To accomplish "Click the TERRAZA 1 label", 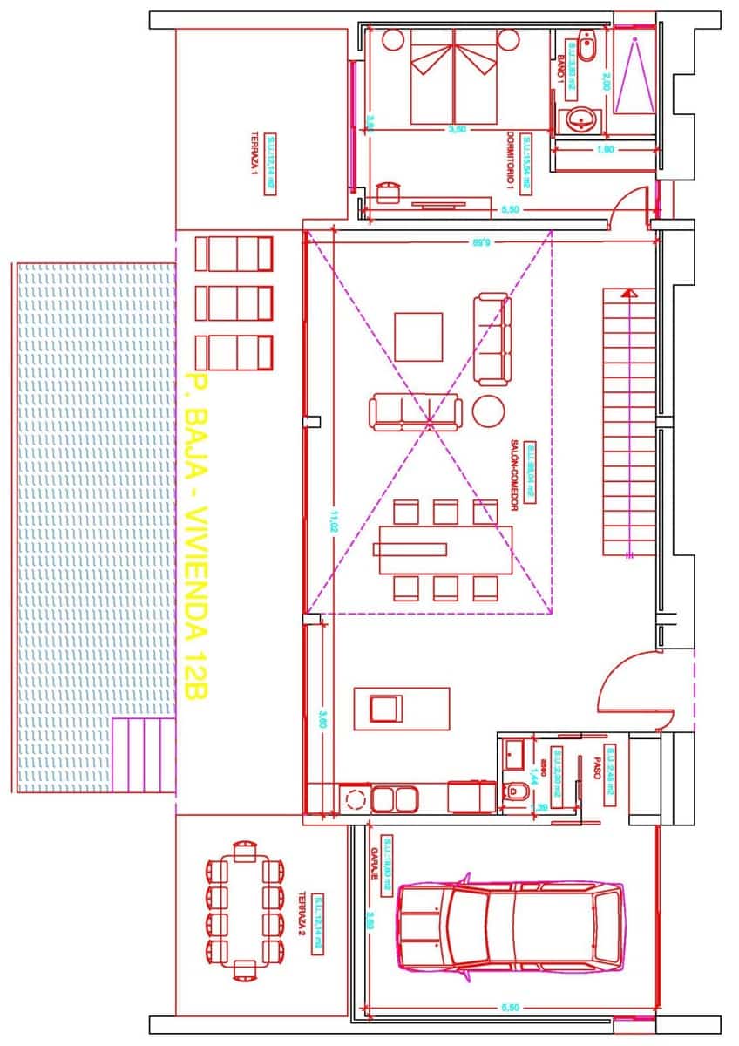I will point(254,156).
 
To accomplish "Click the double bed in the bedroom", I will point(454,76).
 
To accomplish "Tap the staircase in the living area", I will point(627,422).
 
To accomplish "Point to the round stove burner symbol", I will point(355,798).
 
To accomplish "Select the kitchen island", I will point(402,708).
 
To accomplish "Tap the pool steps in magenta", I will point(145,755).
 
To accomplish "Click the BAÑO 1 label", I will point(560,66).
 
